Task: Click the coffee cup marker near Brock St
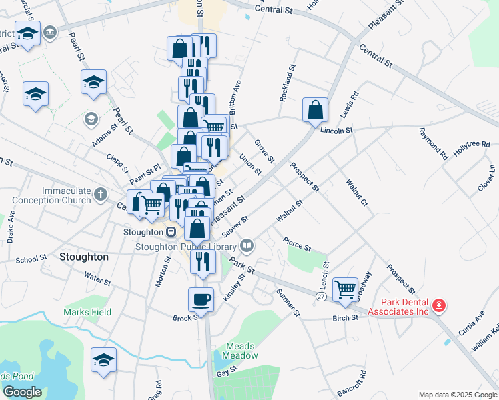(x=201, y=299)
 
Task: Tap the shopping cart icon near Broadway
(x=345, y=289)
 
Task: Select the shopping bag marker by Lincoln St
(x=315, y=110)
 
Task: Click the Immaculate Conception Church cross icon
(x=100, y=195)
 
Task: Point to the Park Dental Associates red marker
(x=439, y=306)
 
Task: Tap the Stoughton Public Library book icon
(x=247, y=247)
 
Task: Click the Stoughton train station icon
(x=171, y=232)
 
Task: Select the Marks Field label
(x=87, y=312)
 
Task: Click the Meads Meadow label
(x=241, y=351)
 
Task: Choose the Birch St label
(x=346, y=318)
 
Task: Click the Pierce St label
(x=297, y=243)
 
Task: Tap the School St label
(x=31, y=258)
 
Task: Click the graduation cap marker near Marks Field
(x=103, y=361)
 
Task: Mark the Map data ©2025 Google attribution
(x=457, y=395)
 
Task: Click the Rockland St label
(x=288, y=83)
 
